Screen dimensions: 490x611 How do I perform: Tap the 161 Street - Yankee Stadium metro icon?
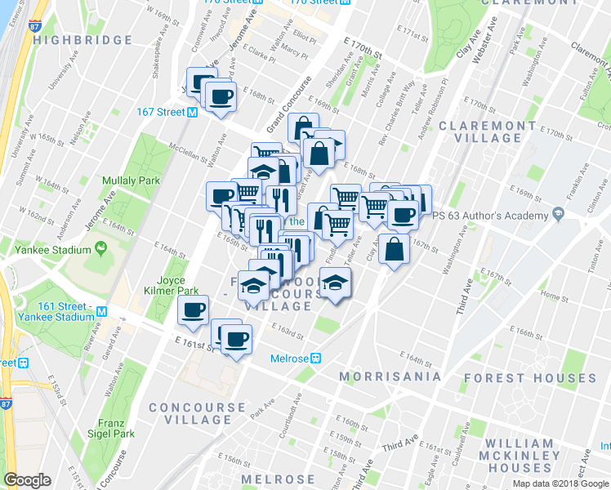tap(101, 311)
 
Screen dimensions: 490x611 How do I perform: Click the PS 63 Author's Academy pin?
tap(558, 215)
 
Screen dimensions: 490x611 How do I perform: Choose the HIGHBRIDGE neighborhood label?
tap(84, 40)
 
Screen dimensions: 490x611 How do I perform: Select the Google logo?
tap(27, 480)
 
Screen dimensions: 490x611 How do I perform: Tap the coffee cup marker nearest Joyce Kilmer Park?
tap(194, 310)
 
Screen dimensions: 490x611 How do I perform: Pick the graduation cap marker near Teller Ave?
tap(333, 283)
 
